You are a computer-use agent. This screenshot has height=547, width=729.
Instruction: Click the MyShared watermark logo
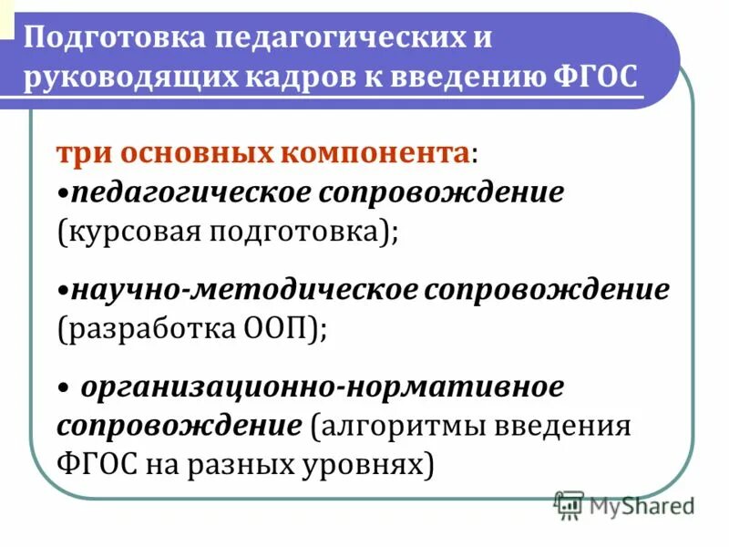pos(625,504)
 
